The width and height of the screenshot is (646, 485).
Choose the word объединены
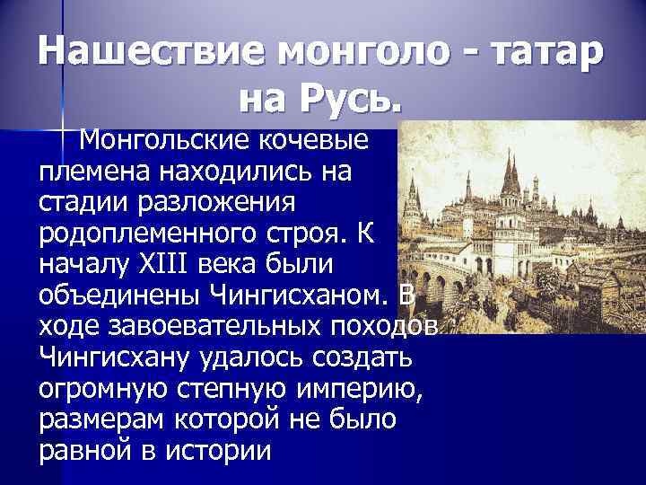(113, 295)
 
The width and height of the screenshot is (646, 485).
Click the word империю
(359, 389)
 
